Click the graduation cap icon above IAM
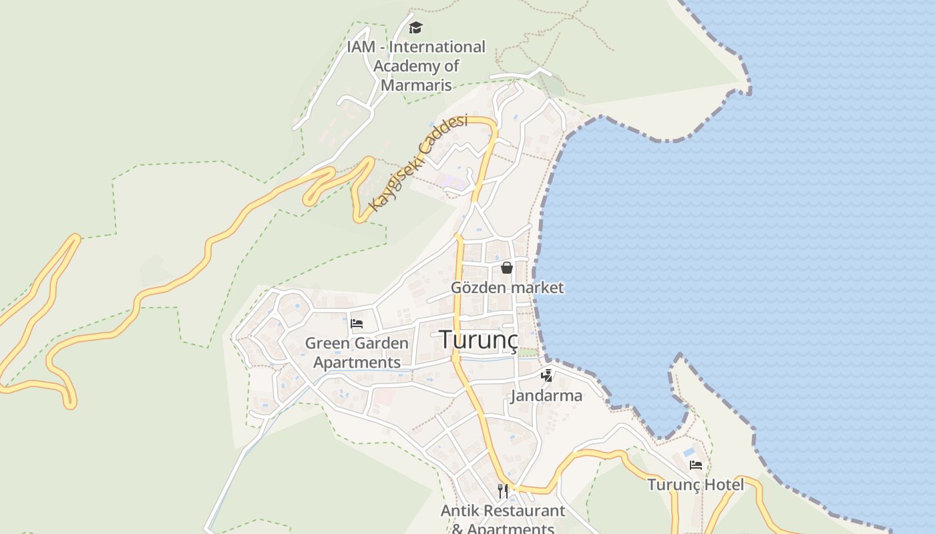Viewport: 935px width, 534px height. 416,27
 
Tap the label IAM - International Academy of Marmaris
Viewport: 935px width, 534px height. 416,66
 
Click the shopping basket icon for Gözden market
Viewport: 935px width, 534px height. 507,268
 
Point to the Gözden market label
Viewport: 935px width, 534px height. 507,288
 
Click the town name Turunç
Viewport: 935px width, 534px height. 478,340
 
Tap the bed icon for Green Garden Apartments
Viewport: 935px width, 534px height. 357,324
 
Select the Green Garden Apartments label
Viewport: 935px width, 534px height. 357,353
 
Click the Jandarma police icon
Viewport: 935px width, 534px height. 547,376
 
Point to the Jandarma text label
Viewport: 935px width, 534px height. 546,396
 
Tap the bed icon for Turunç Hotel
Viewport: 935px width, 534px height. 696,465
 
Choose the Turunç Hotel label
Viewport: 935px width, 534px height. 695,485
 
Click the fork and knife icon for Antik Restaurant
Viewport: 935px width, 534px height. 503,491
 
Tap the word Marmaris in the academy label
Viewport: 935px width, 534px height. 416,85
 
